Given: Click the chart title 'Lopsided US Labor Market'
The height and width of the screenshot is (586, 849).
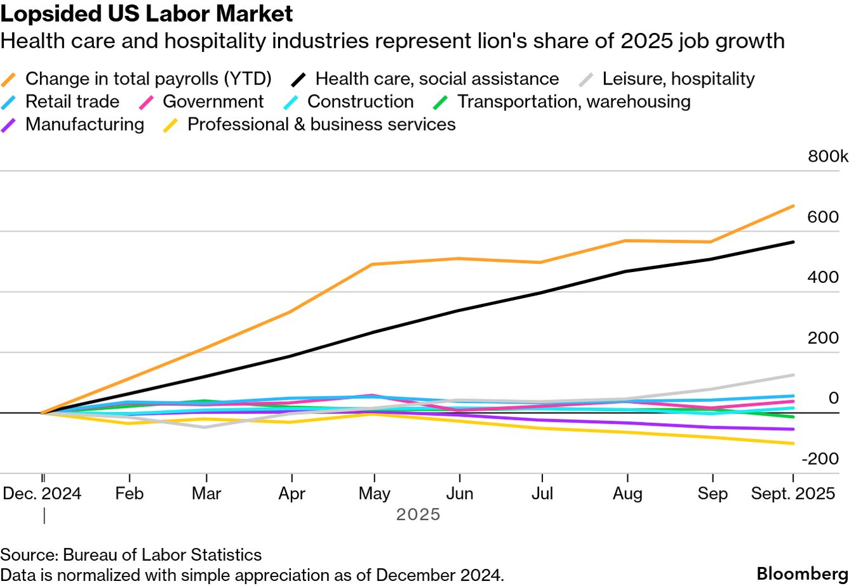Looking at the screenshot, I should (x=147, y=14).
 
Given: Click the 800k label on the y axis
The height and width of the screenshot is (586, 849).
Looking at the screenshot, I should (x=827, y=157).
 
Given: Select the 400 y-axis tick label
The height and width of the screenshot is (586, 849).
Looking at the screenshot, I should (x=823, y=278).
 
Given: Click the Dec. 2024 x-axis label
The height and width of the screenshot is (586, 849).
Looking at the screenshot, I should (x=43, y=494).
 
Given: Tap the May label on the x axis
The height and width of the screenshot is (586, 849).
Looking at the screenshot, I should (x=375, y=494).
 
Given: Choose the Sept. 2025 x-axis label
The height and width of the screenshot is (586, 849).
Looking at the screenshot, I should (x=793, y=494).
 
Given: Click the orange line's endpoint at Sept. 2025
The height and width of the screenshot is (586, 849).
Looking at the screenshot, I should (x=793, y=205).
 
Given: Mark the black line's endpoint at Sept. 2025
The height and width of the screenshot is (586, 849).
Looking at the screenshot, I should (x=793, y=242).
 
